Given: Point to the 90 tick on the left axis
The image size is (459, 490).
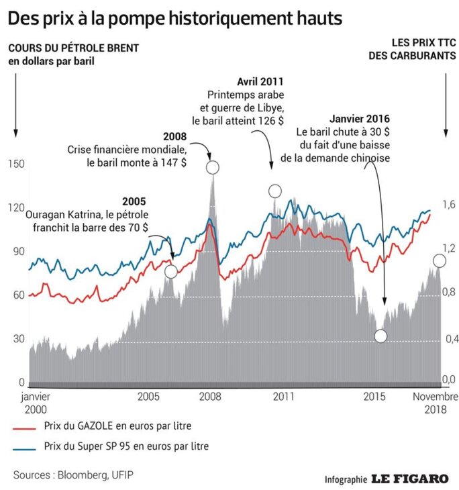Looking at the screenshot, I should click(x=17, y=251).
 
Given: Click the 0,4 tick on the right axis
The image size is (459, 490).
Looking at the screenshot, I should click(x=448, y=339).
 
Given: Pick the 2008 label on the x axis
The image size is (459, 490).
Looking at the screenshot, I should click(x=211, y=397).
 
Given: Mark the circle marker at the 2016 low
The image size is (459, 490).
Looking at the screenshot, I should click(x=380, y=336).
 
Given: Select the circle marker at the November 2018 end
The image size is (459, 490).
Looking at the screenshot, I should click(x=440, y=260).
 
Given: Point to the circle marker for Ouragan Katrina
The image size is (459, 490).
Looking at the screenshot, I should click(x=171, y=271).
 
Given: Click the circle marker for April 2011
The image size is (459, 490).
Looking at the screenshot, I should click(x=274, y=191).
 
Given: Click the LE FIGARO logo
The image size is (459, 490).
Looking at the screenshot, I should click(x=410, y=479).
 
